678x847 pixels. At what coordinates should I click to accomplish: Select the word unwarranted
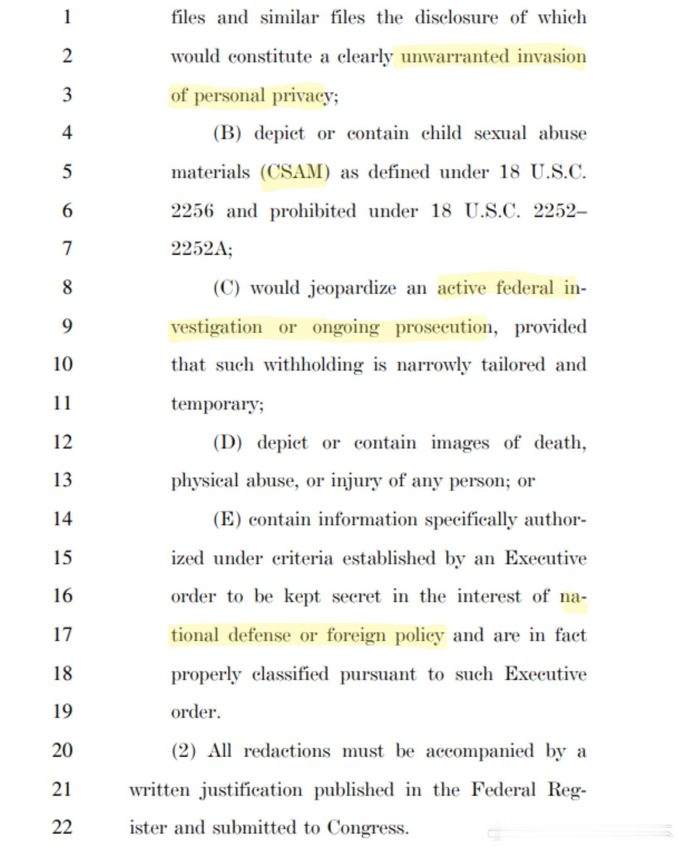[x=454, y=56]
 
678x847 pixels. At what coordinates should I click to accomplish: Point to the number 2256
[x=192, y=211]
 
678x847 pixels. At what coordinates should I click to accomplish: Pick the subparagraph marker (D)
[x=227, y=443]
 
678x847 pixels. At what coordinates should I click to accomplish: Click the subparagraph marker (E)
[x=227, y=519]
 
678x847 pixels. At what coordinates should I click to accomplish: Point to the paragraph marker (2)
[x=183, y=751]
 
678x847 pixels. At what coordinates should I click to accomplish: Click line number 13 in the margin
[x=63, y=480]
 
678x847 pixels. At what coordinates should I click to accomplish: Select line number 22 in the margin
[x=63, y=827]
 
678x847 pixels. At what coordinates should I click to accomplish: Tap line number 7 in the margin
[x=67, y=249]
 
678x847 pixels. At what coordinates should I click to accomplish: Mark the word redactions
[x=287, y=751]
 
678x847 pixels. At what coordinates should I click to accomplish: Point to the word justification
[x=251, y=789]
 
